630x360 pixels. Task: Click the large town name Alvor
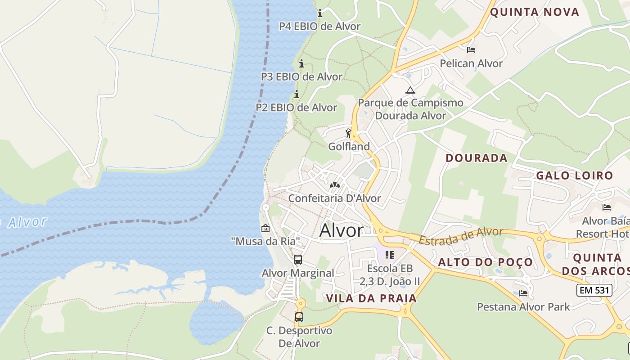[x=341, y=230]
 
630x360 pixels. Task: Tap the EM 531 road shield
[x=594, y=290]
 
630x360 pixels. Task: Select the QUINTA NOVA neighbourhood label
[x=535, y=12]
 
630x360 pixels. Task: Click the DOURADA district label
[x=477, y=158]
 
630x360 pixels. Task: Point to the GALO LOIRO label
[x=575, y=175]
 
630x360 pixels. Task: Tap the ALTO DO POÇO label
[x=486, y=262]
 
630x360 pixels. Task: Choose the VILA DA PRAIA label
[x=371, y=298]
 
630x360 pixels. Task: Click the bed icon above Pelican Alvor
[x=471, y=50]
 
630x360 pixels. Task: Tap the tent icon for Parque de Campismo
[x=410, y=90]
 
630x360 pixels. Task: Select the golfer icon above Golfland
[x=348, y=133]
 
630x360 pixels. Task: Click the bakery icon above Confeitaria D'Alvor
[x=334, y=184]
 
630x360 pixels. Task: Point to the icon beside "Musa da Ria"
[x=265, y=228]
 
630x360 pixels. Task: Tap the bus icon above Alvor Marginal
[x=298, y=260]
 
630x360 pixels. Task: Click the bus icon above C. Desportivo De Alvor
[x=299, y=317]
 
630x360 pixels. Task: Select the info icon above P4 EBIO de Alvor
[x=320, y=13]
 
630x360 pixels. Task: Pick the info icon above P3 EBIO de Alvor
[x=301, y=64]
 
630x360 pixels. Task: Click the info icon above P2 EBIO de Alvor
[x=297, y=94]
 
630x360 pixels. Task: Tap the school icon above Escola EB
[x=390, y=255]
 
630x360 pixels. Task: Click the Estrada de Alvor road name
[x=461, y=236]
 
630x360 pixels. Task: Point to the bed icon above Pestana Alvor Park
[x=523, y=293]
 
